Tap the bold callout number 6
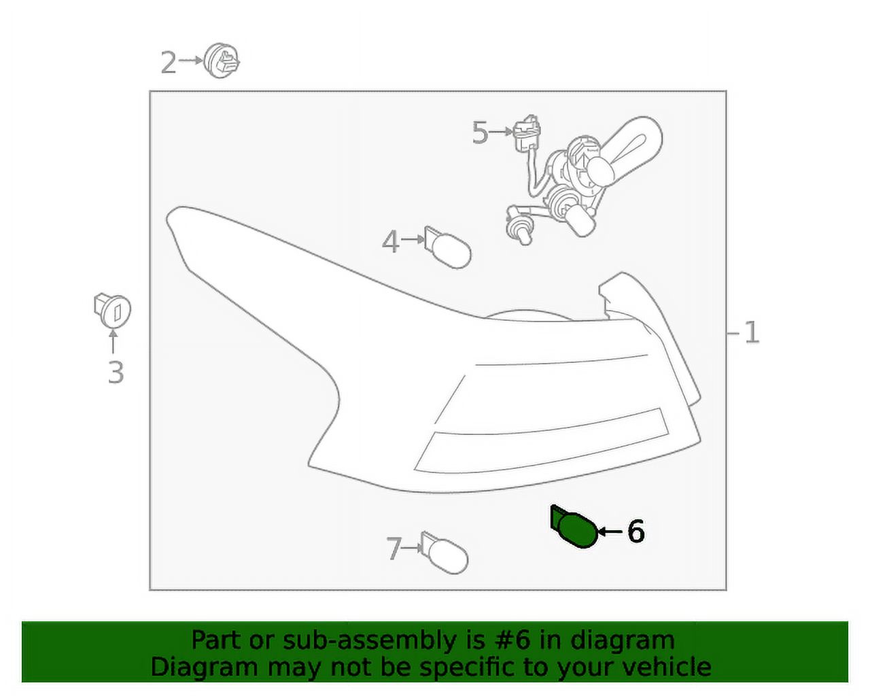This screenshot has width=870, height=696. (x=636, y=531)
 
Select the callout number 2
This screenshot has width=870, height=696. (x=168, y=63)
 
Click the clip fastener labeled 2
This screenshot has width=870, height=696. (x=222, y=60)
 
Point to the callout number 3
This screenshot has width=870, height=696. (x=116, y=372)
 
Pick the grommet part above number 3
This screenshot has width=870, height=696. (x=111, y=310)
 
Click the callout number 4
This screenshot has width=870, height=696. (x=390, y=241)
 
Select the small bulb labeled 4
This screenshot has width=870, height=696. (x=447, y=247)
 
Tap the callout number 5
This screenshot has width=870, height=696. (x=480, y=133)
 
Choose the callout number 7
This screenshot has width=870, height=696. (x=394, y=549)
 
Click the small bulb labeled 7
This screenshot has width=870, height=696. (x=445, y=553)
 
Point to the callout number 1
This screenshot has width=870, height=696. (x=751, y=332)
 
